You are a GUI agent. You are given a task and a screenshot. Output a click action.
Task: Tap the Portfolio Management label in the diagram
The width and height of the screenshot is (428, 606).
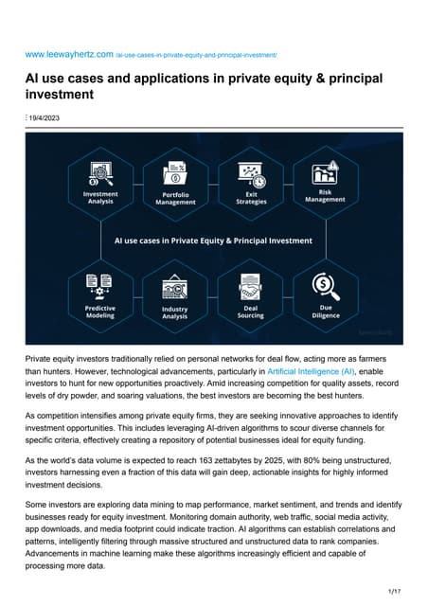tap(176, 198)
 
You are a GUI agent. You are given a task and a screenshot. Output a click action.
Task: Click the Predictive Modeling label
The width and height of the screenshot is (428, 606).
tap(99, 312)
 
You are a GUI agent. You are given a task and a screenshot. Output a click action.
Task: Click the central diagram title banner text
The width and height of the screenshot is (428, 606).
tap(213, 241)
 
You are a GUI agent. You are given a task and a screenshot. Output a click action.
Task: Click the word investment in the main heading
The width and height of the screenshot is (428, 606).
tap(61, 96)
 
